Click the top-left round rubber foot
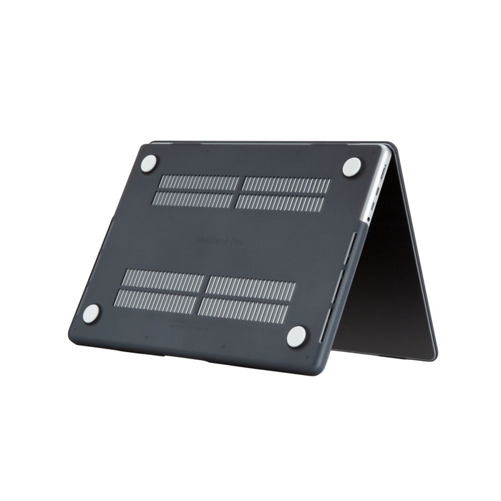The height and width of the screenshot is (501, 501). point(148,163)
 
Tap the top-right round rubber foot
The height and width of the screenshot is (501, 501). point(351,167)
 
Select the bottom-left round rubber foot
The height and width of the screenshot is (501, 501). point(91,313)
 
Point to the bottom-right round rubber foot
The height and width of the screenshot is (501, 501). point(297,336)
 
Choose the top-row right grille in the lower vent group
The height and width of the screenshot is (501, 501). point(250,288)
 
